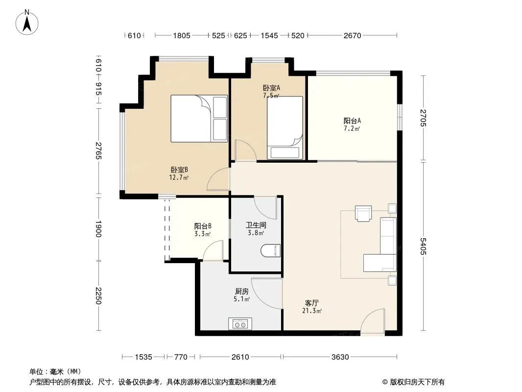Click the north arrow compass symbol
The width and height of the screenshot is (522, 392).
pyautogui.click(x=27, y=23)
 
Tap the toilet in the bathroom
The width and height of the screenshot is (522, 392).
pyautogui.click(x=271, y=250)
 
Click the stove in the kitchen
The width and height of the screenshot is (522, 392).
pyautogui.click(x=240, y=324)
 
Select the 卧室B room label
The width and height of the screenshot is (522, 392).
pyautogui.click(x=179, y=170)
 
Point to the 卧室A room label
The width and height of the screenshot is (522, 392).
pyautogui.click(x=271, y=88)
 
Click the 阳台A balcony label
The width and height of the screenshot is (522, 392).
pyautogui.click(x=352, y=121)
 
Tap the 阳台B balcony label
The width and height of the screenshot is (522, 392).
pyautogui.click(x=203, y=226)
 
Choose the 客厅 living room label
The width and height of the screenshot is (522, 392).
pyautogui.click(x=312, y=303)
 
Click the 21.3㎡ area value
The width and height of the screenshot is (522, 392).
pyautogui.click(x=312, y=311)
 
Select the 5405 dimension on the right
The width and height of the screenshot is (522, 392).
pyautogui.click(x=423, y=246)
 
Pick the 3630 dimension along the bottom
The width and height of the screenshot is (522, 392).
pyautogui.click(x=340, y=357)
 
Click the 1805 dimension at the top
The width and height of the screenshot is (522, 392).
pyautogui.click(x=182, y=35)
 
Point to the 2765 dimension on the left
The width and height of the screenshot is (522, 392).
pyautogui.click(x=98, y=150)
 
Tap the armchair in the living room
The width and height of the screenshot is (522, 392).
pyautogui.click(x=363, y=213)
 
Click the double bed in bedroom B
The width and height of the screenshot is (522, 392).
pyautogui.click(x=199, y=119)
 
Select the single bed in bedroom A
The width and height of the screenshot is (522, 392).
pyautogui.click(x=285, y=128)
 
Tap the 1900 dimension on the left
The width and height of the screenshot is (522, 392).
pyautogui.click(x=98, y=229)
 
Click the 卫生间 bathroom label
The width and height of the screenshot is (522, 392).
pyautogui.click(x=256, y=225)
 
